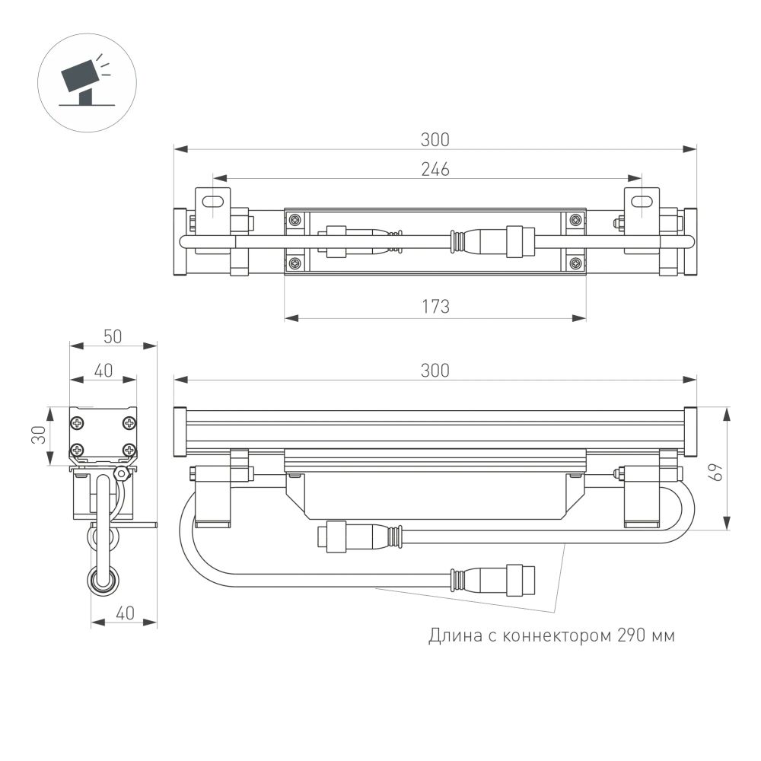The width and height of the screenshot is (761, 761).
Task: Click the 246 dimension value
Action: coord(435,170)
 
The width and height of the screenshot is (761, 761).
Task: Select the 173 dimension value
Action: coord(435,307)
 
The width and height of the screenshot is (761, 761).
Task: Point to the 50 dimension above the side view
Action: coord(113,336)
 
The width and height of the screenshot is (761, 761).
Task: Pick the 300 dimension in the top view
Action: coord(435,139)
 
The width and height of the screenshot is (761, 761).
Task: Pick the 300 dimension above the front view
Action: coord(435,370)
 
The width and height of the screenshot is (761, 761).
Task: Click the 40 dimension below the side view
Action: coord(123,612)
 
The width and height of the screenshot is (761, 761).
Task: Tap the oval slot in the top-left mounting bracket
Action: coord(215,201)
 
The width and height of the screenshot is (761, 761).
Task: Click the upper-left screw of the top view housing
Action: coord(295,220)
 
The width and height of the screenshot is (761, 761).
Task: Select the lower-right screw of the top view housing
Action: coord(575,263)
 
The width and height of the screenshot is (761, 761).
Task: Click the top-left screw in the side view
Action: coord(79,422)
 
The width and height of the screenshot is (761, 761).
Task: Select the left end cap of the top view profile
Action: coord(180,242)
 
